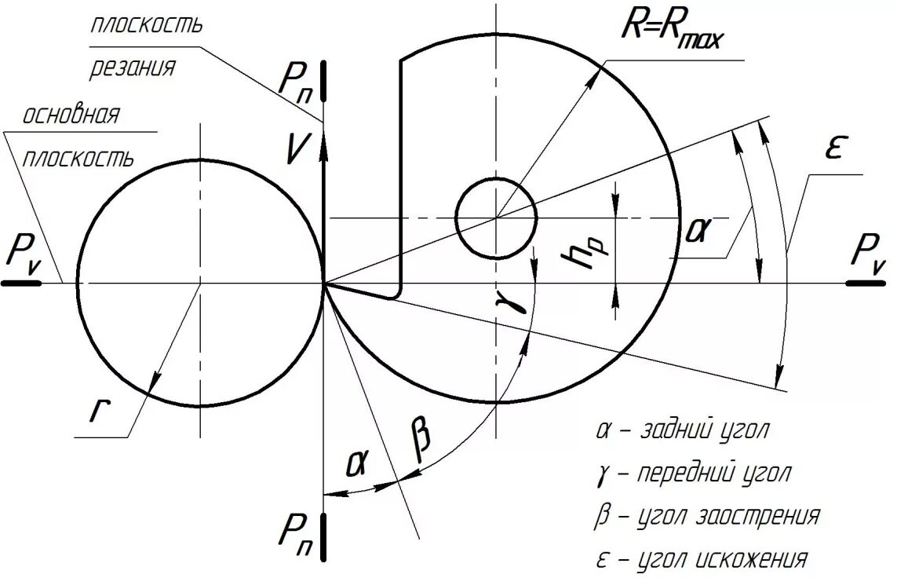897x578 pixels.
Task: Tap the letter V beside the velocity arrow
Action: [295, 148]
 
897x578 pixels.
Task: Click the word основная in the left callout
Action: [70, 117]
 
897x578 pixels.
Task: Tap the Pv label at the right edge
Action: [870, 255]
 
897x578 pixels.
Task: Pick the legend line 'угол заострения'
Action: [707, 517]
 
